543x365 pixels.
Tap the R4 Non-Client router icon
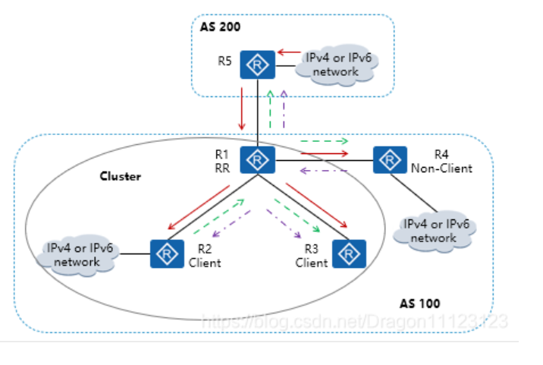pyautogui.click(x=389, y=160)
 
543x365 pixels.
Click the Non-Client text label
pyautogui.click(x=443, y=168)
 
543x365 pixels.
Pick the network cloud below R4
pyautogui.click(x=435, y=231)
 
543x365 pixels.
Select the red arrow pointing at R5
pyautogui.click(x=289, y=52)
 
